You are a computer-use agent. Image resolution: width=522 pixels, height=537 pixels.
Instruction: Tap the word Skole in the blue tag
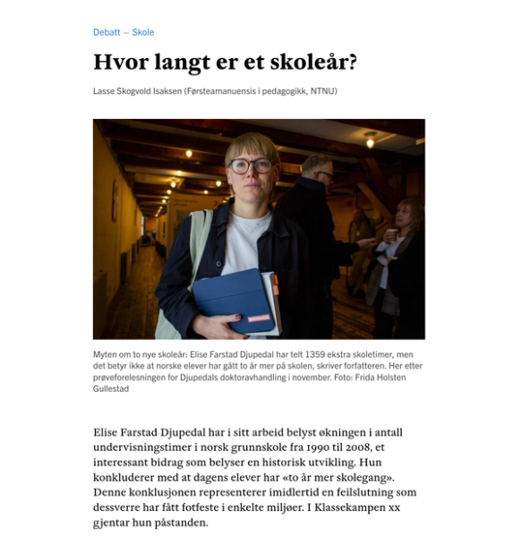point(143,32)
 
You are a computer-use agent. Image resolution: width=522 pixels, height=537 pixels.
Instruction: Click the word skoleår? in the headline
point(314,63)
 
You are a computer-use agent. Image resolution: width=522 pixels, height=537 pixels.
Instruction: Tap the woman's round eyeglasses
point(250,166)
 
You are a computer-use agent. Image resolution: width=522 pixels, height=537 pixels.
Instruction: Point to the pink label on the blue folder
point(259,318)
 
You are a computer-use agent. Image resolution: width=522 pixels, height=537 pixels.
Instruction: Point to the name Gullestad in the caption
point(112,388)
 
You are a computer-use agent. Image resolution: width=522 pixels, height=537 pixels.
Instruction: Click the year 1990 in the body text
point(297,447)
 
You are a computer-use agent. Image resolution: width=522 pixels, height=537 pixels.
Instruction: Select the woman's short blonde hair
point(252,143)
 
